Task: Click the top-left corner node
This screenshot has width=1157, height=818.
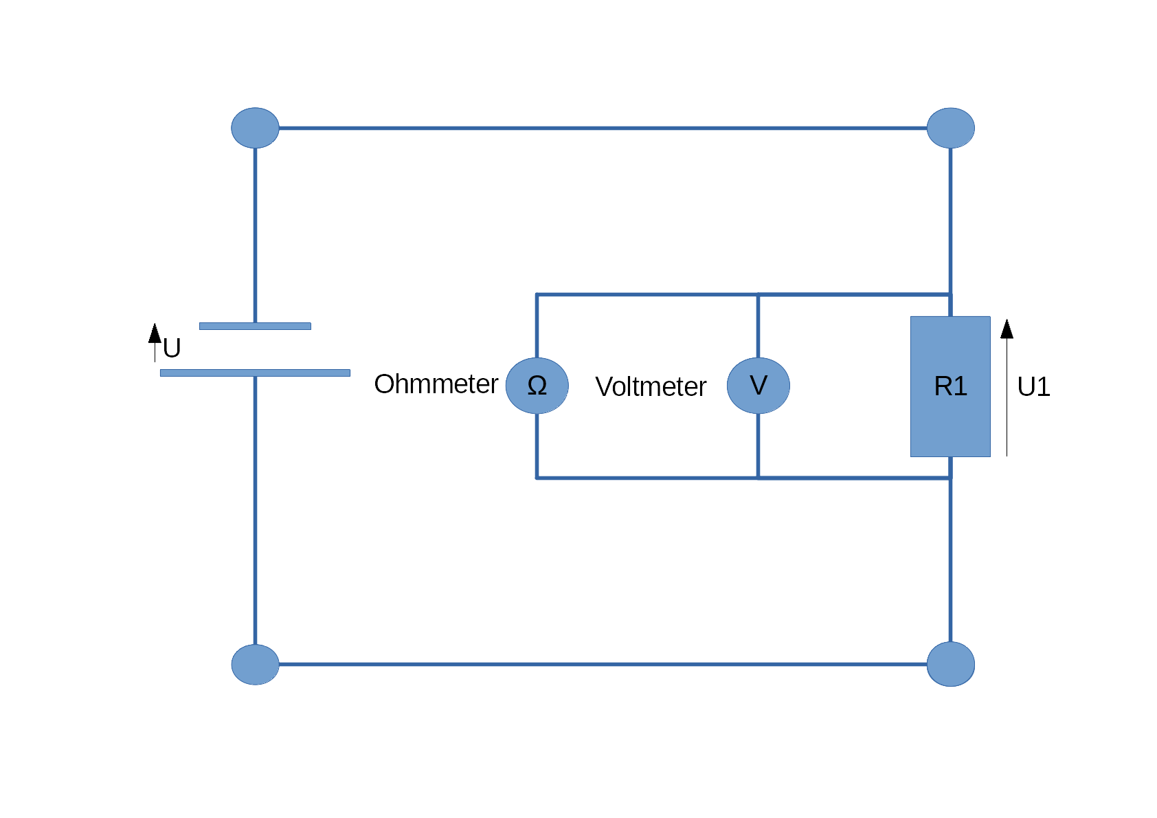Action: (x=255, y=128)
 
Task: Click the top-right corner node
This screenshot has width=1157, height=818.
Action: (x=950, y=128)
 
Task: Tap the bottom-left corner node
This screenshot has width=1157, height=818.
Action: (x=255, y=665)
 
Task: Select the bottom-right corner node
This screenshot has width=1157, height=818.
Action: (x=950, y=664)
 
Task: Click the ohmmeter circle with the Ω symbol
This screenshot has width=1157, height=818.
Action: (x=537, y=386)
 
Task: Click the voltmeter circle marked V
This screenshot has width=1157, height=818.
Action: (x=759, y=386)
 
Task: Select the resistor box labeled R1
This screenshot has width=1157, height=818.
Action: (x=950, y=386)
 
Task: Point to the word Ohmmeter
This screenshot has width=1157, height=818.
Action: (x=436, y=384)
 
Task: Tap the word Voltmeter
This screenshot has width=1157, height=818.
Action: (x=651, y=386)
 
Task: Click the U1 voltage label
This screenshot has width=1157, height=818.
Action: (x=1033, y=386)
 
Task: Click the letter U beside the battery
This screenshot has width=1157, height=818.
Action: (x=172, y=348)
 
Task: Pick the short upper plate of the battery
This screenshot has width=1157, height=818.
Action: (x=255, y=326)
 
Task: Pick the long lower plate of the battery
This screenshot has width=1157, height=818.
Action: (x=255, y=373)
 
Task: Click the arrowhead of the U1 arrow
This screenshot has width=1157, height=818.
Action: (x=1007, y=329)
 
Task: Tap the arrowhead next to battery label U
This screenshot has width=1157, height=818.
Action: (x=155, y=333)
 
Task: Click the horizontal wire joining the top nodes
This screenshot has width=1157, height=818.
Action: (x=603, y=128)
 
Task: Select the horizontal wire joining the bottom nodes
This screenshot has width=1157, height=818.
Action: (x=603, y=665)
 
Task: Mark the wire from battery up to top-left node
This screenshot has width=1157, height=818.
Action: (x=255, y=236)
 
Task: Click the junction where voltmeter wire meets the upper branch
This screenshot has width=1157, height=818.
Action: (x=759, y=294)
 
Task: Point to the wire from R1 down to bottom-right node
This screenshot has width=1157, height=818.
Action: (x=950, y=549)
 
